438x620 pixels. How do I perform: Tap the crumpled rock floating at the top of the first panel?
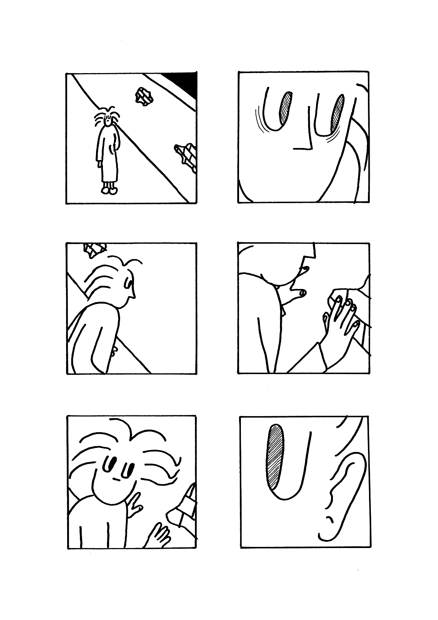tap(144, 97)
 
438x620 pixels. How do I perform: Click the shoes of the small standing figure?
tap(109, 190)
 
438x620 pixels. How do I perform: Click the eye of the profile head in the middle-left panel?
tap(128, 282)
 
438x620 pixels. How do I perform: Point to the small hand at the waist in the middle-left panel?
tap(114, 351)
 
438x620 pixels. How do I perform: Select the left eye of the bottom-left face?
tap(108, 464)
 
